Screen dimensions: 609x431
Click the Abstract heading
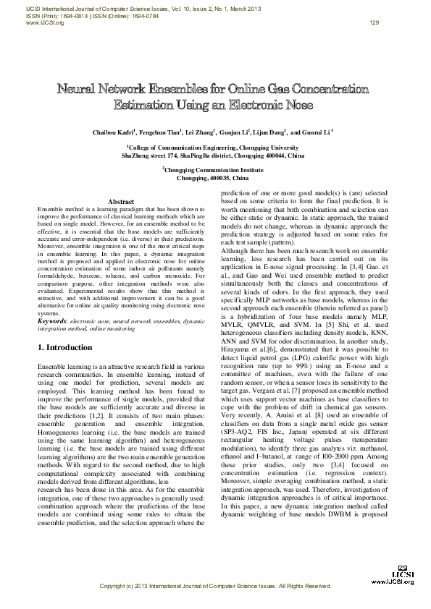(x=121, y=201)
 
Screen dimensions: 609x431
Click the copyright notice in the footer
(x=214, y=585)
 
